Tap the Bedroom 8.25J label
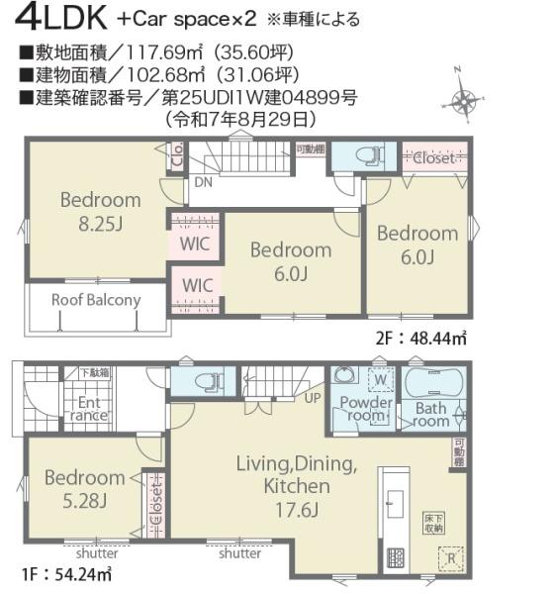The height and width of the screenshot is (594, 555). pyautogui.click(x=100, y=210)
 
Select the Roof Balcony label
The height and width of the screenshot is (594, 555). pyautogui.click(x=96, y=300)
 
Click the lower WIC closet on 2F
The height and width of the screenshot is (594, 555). pyautogui.click(x=198, y=285)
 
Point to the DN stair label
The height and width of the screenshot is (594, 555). pyautogui.click(x=201, y=182)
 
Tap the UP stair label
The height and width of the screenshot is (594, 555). pyautogui.click(x=313, y=398)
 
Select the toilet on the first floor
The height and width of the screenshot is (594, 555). pyautogui.click(x=205, y=381)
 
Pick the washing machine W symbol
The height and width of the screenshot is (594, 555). pyautogui.click(x=378, y=377)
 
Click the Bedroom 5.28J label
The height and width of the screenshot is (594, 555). pyautogui.click(x=84, y=488)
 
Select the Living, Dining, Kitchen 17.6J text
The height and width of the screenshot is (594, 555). pyautogui.click(x=296, y=486)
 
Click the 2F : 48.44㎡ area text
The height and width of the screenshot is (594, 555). pyautogui.click(x=420, y=338)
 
